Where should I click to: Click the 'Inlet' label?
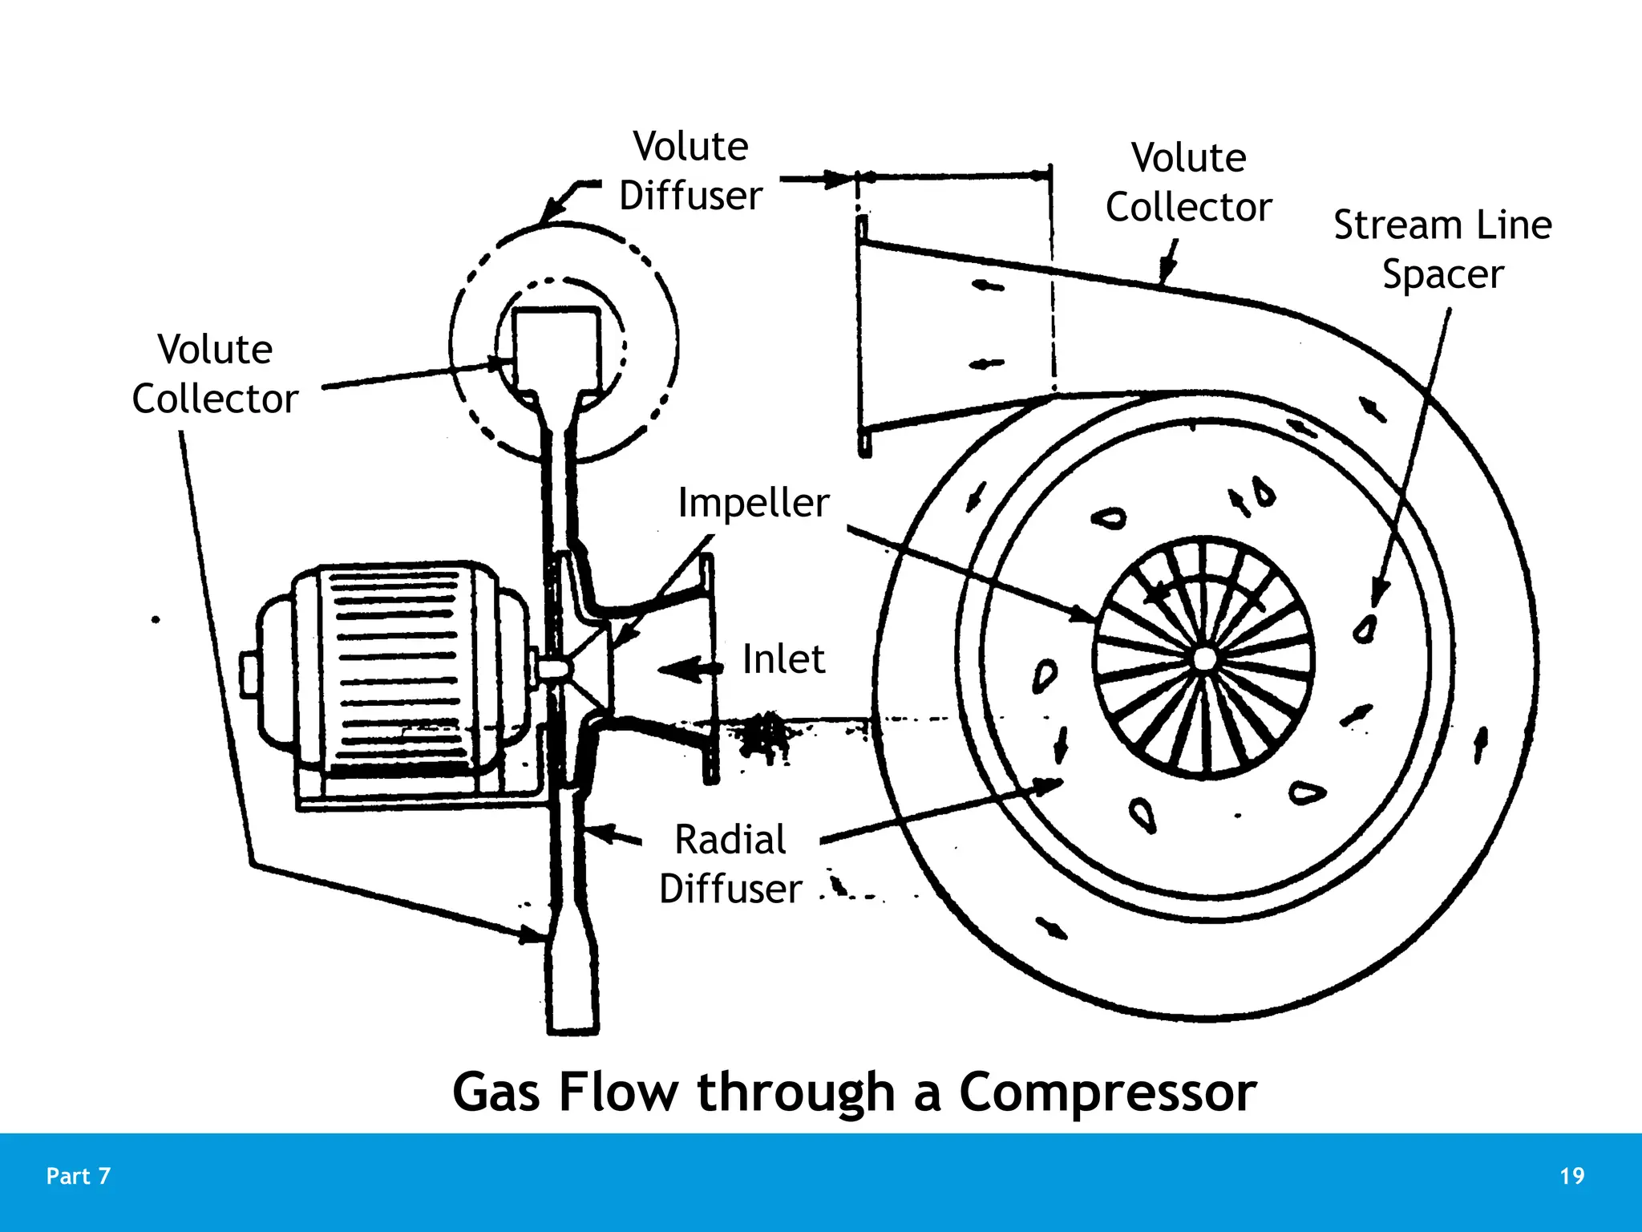pos(783,659)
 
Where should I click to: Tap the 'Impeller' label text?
pos(753,504)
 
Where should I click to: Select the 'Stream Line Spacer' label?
pos(1442,249)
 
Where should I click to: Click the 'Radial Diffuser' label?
pos(730,864)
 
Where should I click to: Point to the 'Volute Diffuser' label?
pos(690,171)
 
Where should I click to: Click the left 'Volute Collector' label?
pos(215,374)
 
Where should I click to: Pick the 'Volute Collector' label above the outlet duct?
pos(1188,182)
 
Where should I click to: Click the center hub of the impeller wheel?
pos(1203,659)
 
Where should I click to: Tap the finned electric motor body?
pos(393,670)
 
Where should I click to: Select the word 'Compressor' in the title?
pos(1108,1092)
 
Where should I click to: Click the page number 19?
pos(1571,1176)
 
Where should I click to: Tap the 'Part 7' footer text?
pos(78,1176)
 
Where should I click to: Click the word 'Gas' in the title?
pos(496,1092)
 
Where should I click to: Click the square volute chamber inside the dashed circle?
pos(556,349)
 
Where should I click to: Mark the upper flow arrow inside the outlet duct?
pos(987,286)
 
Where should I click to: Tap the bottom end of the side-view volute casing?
pos(572,1023)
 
